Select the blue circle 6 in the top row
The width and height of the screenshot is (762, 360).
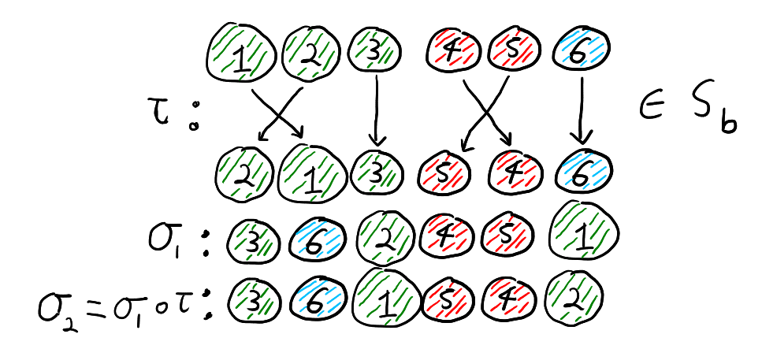click(x=582, y=52)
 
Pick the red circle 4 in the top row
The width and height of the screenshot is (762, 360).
click(x=455, y=51)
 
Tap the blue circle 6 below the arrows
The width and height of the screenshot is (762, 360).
click(x=582, y=171)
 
